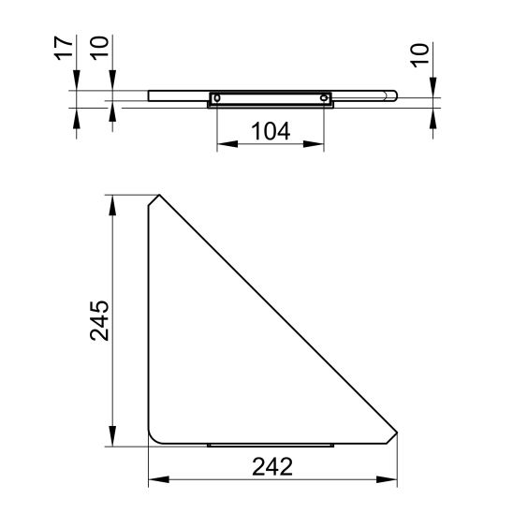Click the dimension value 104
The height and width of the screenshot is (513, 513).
(271, 131)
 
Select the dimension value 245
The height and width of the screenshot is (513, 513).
(99, 321)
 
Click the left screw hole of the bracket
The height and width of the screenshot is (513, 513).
(216, 97)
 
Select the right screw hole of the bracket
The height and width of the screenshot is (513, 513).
(325, 97)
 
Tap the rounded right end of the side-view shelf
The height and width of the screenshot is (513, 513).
(395, 95)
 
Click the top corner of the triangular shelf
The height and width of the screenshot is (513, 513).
(156, 197)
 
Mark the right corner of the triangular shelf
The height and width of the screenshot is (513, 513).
(398, 433)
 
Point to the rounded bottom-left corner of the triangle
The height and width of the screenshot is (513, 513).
(153, 440)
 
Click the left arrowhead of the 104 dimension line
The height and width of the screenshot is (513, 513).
(221, 146)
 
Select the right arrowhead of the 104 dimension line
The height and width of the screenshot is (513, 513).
(320, 146)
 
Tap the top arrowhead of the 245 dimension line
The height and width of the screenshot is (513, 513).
(113, 200)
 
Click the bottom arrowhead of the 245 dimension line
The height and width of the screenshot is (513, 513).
(113, 442)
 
